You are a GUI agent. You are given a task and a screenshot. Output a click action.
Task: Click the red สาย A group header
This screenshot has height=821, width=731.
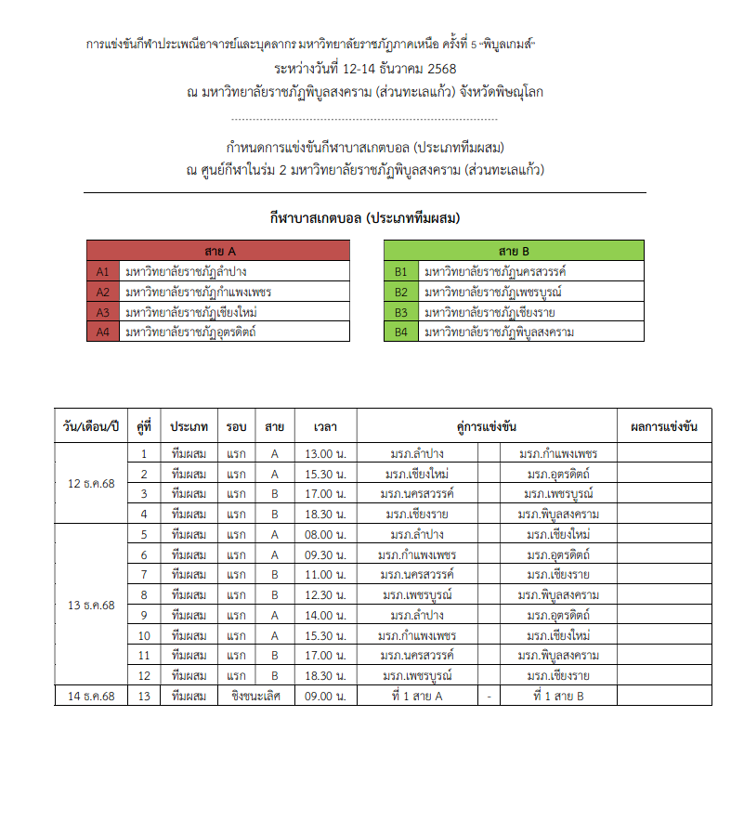[218, 251]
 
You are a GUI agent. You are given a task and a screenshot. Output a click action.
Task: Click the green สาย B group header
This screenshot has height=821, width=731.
[514, 251]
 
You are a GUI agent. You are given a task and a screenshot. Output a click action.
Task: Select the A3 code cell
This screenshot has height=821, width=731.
[103, 312]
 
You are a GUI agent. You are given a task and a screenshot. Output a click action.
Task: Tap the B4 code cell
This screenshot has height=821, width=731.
[401, 332]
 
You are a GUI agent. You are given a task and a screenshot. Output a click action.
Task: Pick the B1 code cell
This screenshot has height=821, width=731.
[401, 271]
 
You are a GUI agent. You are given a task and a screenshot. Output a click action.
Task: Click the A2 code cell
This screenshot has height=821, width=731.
[103, 292]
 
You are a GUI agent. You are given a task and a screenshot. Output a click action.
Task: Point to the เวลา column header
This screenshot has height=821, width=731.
[325, 427]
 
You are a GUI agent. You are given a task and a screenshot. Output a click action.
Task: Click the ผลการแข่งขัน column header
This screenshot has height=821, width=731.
[663, 427]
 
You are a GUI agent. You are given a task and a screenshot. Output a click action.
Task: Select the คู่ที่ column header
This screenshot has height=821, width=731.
[144, 427]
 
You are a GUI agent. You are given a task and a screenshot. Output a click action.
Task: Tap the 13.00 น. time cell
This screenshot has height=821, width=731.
[325, 454]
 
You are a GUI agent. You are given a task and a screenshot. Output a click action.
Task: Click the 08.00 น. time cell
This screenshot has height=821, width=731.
[325, 535]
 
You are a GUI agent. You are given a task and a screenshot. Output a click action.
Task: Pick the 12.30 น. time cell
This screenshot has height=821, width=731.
[325, 595]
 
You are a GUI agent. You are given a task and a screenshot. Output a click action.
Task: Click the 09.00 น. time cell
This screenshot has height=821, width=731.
[325, 696]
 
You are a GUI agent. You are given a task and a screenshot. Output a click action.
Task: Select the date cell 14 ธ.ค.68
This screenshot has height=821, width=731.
[91, 696]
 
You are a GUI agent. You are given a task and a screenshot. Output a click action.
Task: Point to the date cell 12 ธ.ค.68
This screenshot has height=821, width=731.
[91, 484]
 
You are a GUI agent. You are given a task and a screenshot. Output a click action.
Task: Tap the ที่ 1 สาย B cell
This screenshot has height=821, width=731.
[558, 696]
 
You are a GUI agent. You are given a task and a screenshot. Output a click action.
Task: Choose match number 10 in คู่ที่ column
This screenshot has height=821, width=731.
[144, 635]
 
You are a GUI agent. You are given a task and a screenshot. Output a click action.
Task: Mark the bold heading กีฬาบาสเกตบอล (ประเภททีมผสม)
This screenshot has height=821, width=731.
[365, 218]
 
